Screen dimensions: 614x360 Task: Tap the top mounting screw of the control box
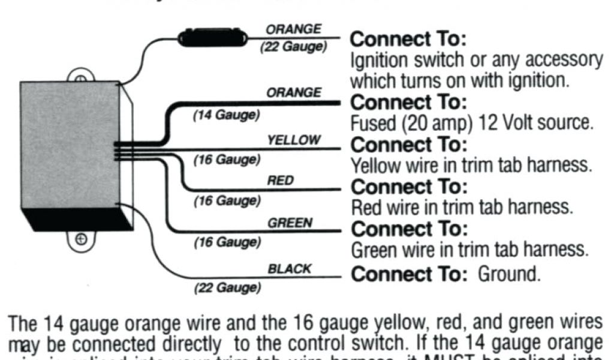coord(79,78)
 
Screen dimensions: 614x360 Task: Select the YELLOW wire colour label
coord(294,140)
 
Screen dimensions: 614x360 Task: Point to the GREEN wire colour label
coord(290,223)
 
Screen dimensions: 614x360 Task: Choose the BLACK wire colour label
coord(290,269)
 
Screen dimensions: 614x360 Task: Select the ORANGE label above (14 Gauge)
coord(294,93)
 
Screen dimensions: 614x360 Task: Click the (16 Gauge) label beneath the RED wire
coord(227,202)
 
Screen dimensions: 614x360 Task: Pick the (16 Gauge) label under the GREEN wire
coord(227,243)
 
